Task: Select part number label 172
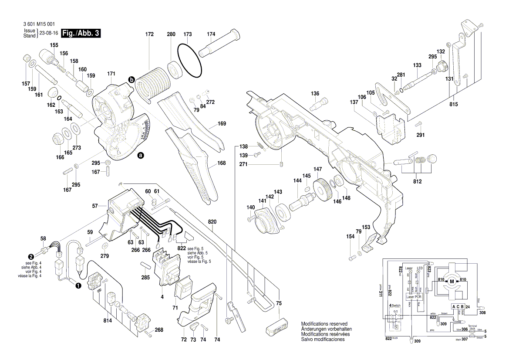pyautogui.click(x=150, y=34)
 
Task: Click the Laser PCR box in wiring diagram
pyautogui.click(x=414, y=297)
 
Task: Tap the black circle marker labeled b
pyautogui.click(x=131, y=79)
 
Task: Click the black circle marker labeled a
pyautogui.click(x=141, y=155)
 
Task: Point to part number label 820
pyautogui.click(x=212, y=221)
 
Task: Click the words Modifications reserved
pyautogui.click(x=324, y=324)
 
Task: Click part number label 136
pyautogui.click(x=315, y=93)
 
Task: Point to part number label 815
pyautogui.click(x=454, y=104)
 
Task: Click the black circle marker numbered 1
pyautogui.click(x=78, y=286)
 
